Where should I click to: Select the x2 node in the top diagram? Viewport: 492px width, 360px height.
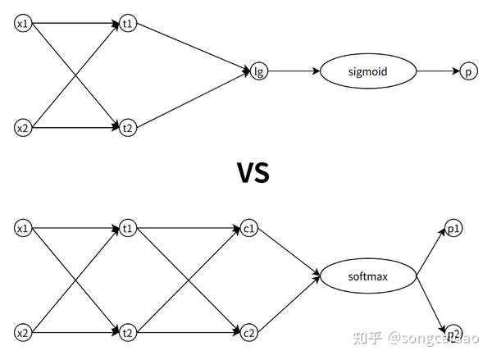[x=23, y=128]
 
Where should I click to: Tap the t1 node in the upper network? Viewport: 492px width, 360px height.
[x=127, y=24]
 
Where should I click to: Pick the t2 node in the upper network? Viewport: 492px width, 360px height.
[x=127, y=128]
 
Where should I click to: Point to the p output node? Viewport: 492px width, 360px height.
[x=467, y=71]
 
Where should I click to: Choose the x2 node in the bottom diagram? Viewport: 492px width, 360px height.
[x=23, y=332]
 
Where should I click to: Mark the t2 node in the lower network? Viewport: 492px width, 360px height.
[x=127, y=332]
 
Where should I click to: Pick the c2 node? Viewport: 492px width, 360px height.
[x=249, y=332]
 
